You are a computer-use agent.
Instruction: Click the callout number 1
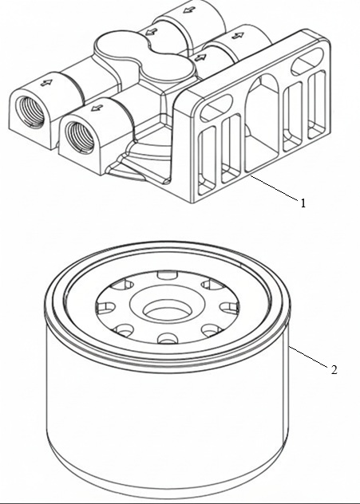pos(303,203)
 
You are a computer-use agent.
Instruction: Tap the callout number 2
pos(334,370)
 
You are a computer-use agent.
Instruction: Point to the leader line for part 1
pos(274,188)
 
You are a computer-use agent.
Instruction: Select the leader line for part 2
pos(308,356)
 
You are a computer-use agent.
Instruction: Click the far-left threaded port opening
pos(32,112)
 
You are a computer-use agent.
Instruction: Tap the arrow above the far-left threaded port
pos(46,83)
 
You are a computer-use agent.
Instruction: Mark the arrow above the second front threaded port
pos(97,108)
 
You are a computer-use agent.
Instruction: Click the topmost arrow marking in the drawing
pos(189,10)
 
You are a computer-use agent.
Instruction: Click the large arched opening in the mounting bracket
pos(262,123)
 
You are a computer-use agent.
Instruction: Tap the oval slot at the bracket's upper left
pos(216,108)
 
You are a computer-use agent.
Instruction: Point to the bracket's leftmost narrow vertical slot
pos(208,161)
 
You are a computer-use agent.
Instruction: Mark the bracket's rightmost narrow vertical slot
pos(317,104)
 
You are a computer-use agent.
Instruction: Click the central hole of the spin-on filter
pos(168,310)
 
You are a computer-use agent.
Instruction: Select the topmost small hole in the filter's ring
pos(168,275)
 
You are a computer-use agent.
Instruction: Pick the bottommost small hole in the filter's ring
pos(168,338)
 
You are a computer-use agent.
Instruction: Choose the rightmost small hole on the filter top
pos(229,307)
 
